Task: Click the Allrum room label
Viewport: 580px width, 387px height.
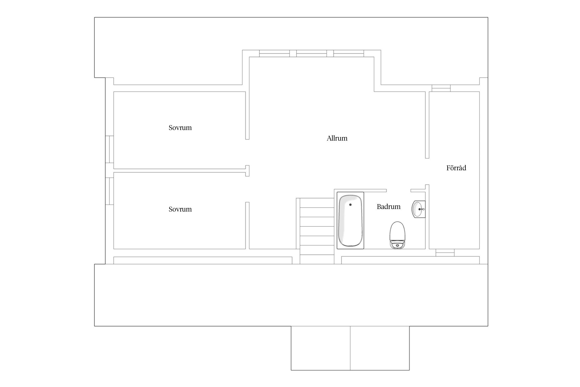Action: [x=337, y=138]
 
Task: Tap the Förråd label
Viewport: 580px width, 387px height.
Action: [x=456, y=168]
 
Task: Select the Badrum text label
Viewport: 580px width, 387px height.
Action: [x=388, y=207]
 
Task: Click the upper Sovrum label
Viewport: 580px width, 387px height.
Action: [x=180, y=128]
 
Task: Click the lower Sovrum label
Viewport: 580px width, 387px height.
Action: [x=180, y=209]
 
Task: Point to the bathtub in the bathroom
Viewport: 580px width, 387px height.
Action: [x=350, y=221]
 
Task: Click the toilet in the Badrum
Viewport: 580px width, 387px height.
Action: [x=397, y=235]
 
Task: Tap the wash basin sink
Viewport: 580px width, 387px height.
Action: [x=418, y=209]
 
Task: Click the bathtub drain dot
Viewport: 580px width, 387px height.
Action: [x=350, y=205]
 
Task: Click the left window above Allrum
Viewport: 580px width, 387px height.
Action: [x=274, y=53]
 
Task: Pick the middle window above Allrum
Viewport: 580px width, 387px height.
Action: [x=311, y=53]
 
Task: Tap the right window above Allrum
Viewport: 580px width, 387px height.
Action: [x=349, y=53]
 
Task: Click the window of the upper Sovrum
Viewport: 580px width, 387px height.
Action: [x=110, y=149]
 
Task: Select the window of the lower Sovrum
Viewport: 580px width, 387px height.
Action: [x=110, y=191]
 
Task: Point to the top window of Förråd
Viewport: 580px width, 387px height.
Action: [x=441, y=88]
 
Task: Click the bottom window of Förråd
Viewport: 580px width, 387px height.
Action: [x=445, y=253]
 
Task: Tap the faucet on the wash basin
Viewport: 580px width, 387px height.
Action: [x=422, y=209]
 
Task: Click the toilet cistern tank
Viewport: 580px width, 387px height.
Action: [x=397, y=245]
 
